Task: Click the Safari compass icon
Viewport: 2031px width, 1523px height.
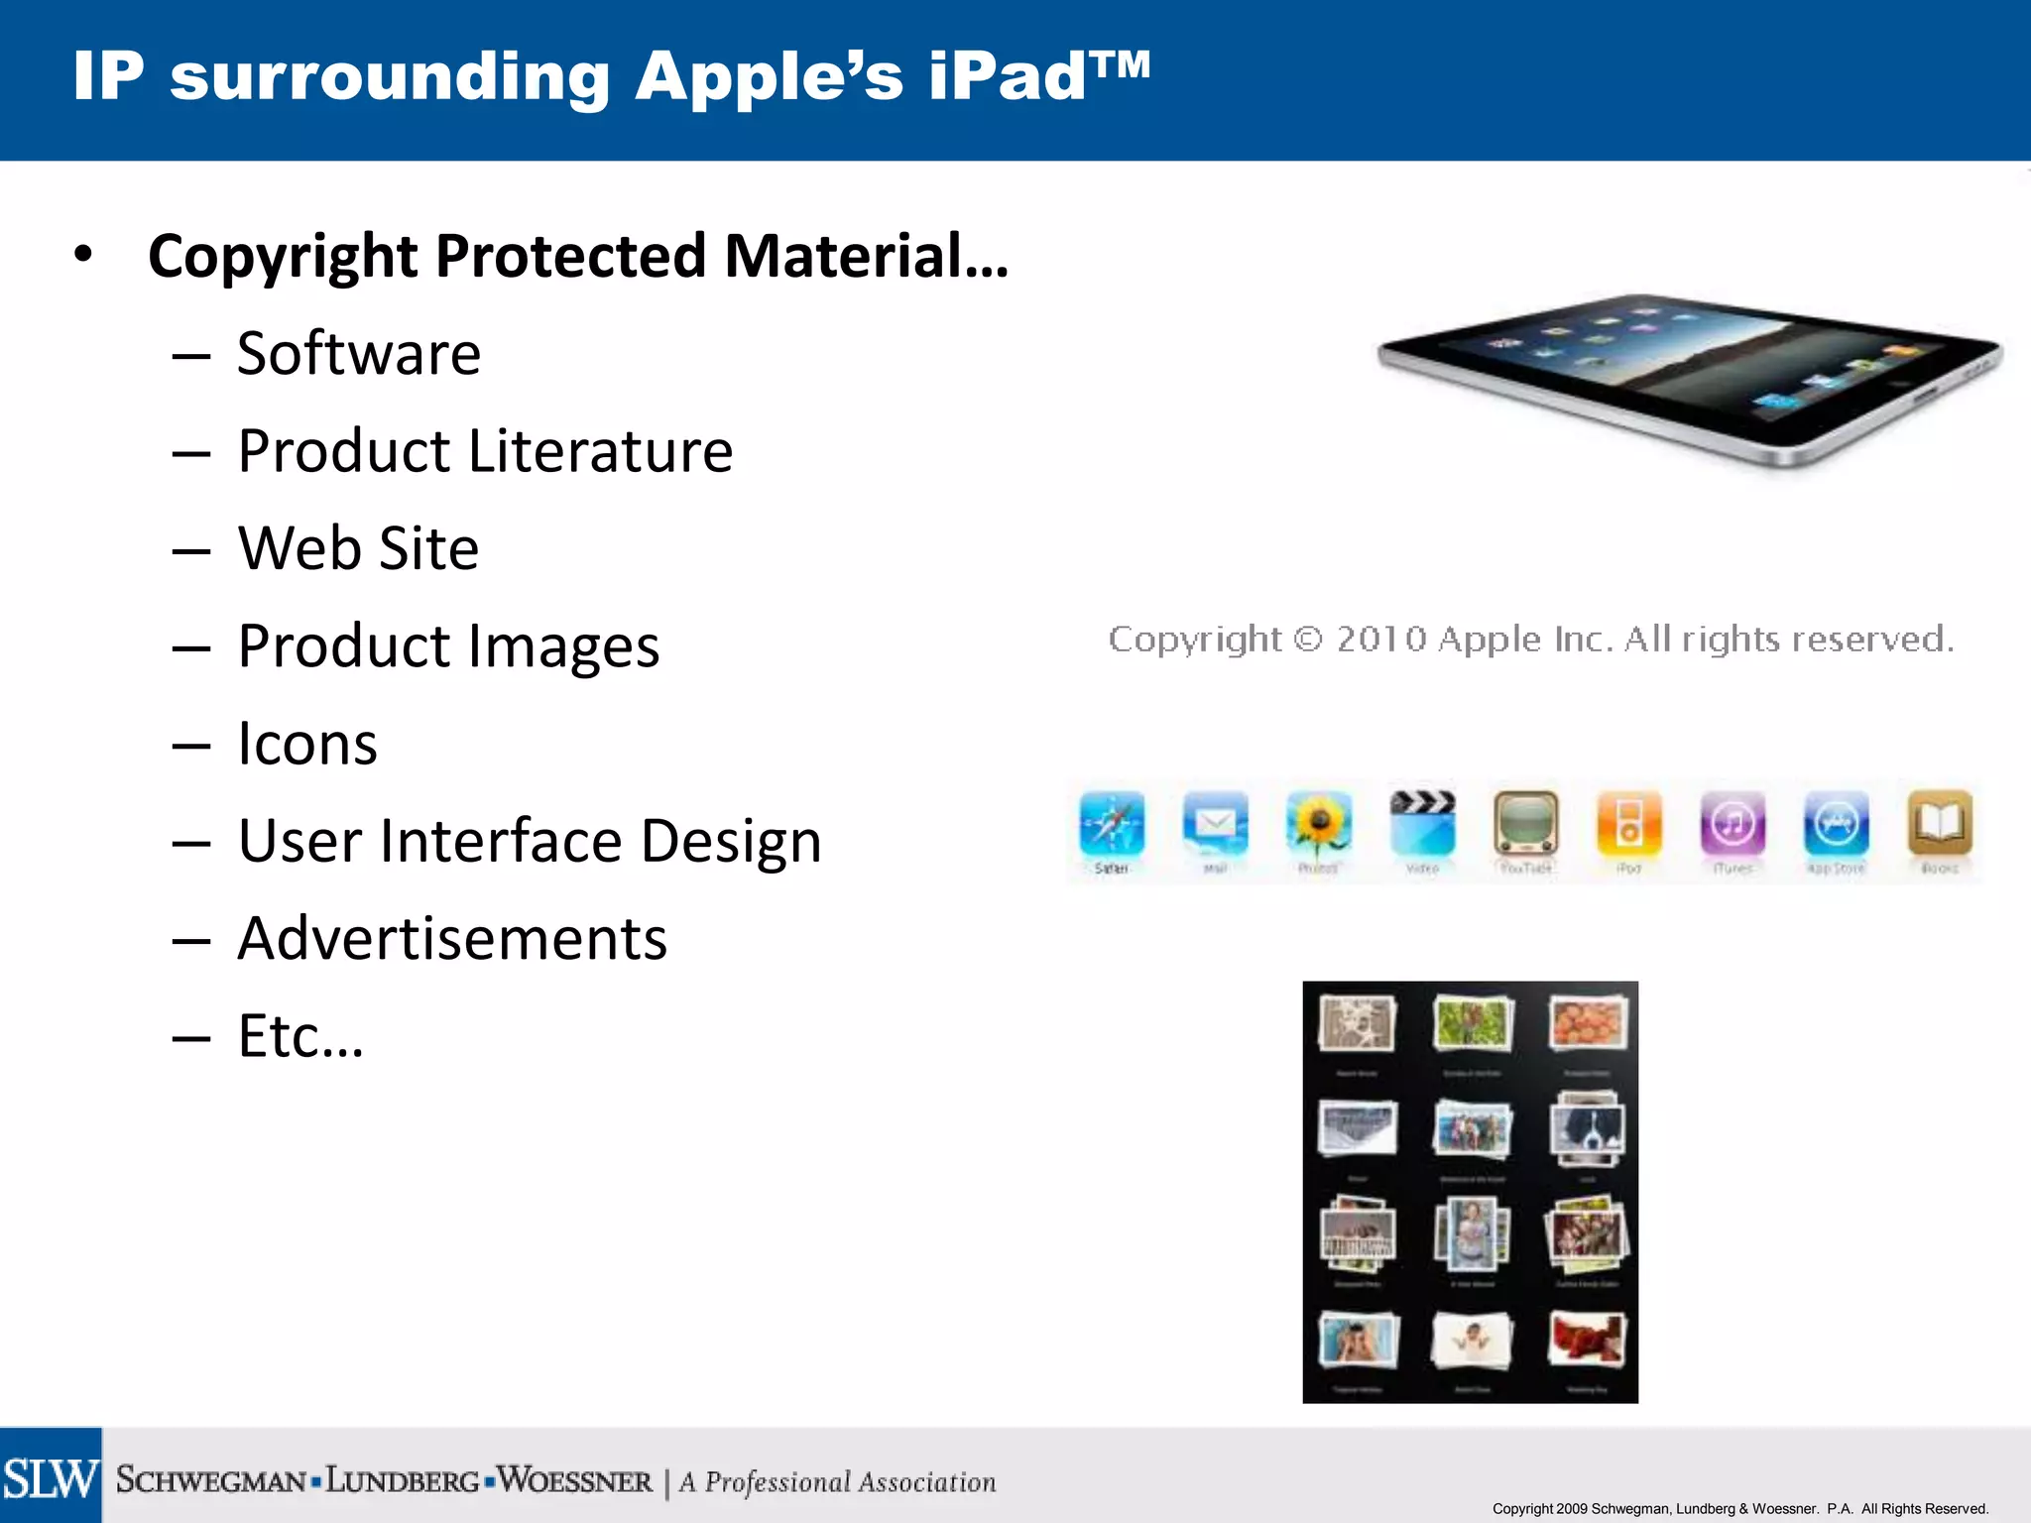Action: tap(1112, 823)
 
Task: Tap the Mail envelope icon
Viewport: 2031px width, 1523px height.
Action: tap(1215, 823)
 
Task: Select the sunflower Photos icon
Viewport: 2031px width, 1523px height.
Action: tap(1318, 823)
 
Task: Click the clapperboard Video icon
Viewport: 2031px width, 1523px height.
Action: tap(1422, 823)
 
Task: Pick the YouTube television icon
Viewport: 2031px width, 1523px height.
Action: tap(1525, 823)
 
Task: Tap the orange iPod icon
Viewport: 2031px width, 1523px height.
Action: tap(1628, 823)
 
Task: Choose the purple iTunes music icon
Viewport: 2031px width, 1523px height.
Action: tap(1732, 823)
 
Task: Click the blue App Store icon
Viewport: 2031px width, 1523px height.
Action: tap(1836, 823)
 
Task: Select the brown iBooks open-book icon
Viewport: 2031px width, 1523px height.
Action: tap(1940, 823)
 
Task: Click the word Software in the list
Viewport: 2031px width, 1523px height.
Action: tap(359, 354)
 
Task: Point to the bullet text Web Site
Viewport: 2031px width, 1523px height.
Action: tap(359, 548)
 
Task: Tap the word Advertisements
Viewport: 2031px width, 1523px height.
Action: tap(452, 938)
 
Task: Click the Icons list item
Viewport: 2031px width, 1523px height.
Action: tap(307, 744)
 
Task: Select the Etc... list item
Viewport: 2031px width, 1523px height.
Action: tap(300, 1036)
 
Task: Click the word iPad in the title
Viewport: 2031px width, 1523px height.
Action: tap(1008, 76)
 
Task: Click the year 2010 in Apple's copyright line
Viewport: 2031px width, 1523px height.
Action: tap(1381, 640)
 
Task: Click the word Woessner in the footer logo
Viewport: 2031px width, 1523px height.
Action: tap(575, 1481)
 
